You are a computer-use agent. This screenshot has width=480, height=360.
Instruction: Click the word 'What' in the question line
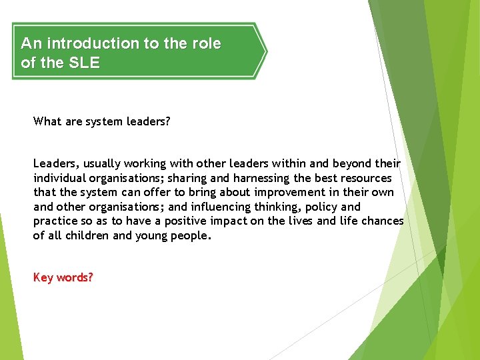(47, 121)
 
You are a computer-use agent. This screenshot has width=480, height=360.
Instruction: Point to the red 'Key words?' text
(63, 277)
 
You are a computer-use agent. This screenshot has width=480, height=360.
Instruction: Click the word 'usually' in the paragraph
(103, 163)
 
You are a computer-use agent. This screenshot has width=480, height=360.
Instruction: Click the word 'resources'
(366, 178)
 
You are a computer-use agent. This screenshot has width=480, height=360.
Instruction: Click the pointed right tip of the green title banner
(266, 51)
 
